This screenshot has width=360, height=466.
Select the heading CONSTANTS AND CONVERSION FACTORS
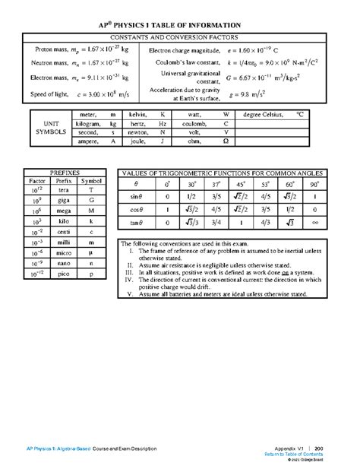coord(180,36)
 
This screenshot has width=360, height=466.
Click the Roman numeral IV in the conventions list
coord(130,281)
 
